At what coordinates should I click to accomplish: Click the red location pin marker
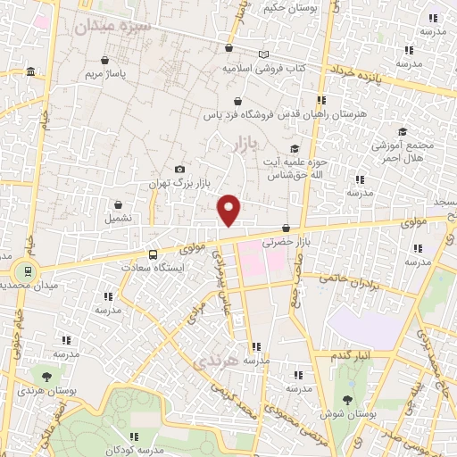[x=230, y=209]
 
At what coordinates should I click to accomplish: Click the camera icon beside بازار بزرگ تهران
[x=180, y=169]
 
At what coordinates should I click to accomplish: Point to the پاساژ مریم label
[x=106, y=74]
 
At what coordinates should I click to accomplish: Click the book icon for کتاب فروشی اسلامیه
[x=263, y=54]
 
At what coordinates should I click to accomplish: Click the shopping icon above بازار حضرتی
[x=286, y=228]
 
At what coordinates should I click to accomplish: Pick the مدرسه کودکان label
[x=130, y=451]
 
